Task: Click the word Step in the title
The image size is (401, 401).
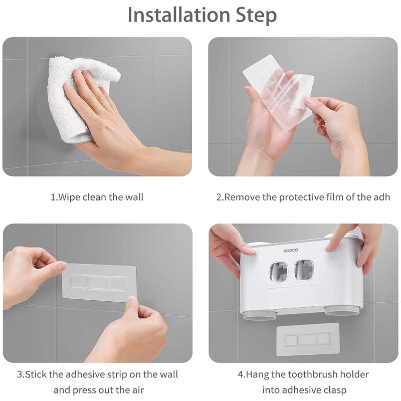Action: [x=256, y=16]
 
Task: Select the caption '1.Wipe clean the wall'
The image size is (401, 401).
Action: [x=97, y=197]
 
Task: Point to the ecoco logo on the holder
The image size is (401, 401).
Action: [x=291, y=250]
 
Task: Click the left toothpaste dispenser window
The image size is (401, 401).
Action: [x=279, y=272]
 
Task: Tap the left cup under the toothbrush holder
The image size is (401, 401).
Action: [x=259, y=315]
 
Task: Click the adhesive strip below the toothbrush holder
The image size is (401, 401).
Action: [x=308, y=339]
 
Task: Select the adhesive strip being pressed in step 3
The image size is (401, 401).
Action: [x=99, y=283]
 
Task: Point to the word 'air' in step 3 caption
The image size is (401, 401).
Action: [x=138, y=390]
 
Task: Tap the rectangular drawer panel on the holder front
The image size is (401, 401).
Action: [x=291, y=297]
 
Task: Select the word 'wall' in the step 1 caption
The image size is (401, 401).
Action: [x=134, y=197]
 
